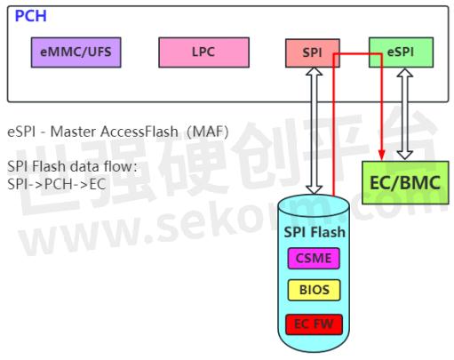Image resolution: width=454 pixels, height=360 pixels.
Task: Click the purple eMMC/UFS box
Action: (76, 52)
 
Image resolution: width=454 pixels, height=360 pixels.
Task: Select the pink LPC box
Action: (203, 52)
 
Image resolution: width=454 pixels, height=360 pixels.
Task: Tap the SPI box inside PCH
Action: (312, 52)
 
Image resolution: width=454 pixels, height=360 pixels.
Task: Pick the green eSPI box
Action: (400, 52)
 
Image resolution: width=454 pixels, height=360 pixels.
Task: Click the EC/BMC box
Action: (403, 184)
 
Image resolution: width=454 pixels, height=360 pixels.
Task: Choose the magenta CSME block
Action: (314, 260)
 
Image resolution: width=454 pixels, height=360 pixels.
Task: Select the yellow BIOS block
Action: (314, 291)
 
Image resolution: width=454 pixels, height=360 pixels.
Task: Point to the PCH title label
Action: (30, 16)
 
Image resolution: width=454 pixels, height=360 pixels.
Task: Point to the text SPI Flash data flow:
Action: (71, 167)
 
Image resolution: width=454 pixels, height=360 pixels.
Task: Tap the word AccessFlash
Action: (135, 132)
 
